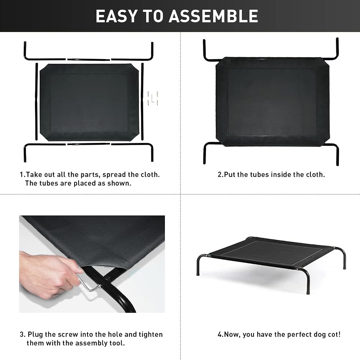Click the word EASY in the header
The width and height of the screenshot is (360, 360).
(x=117, y=16)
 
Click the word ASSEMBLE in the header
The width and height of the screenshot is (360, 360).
(x=213, y=16)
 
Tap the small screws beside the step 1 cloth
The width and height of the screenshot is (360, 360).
(x=153, y=98)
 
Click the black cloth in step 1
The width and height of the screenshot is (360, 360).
(x=89, y=102)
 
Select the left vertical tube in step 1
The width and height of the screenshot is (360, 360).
(x=36, y=102)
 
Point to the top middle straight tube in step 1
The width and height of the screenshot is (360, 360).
(x=89, y=60)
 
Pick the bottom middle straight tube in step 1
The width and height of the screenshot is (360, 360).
(x=89, y=144)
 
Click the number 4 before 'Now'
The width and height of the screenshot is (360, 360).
(x=220, y=334)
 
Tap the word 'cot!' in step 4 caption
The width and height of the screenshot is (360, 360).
(x=334, y=334)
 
